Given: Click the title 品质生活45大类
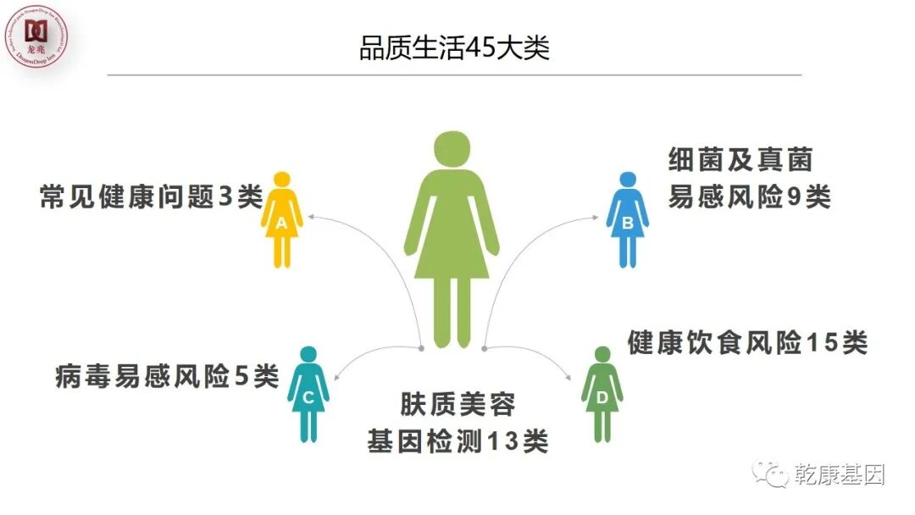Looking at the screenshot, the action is [x=455, y=47].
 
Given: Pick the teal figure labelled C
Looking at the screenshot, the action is [x=308, y=394].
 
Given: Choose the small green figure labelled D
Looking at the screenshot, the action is [x=602, y=394].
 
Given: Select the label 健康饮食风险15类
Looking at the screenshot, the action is [x=747, y=343].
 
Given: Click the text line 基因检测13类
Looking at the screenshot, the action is [x=457, y=441].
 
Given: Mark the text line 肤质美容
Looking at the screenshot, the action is [x=457, y=404].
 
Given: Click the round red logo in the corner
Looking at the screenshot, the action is [x=36, y=36].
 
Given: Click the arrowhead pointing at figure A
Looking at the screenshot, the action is [x=310, y=217].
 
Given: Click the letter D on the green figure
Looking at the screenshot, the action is [x=602, y=397].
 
